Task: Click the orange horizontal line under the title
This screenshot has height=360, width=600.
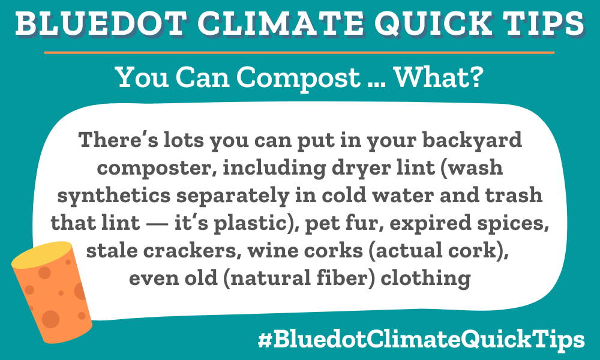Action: [300, 53]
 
